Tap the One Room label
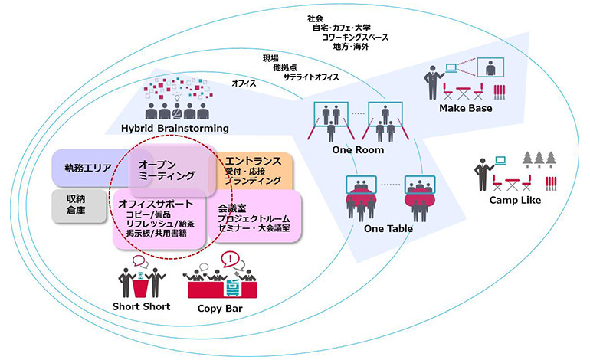coord(357,150)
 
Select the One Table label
coord(388,228)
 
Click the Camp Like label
coord(514,200)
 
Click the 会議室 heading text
coord(233,208)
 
